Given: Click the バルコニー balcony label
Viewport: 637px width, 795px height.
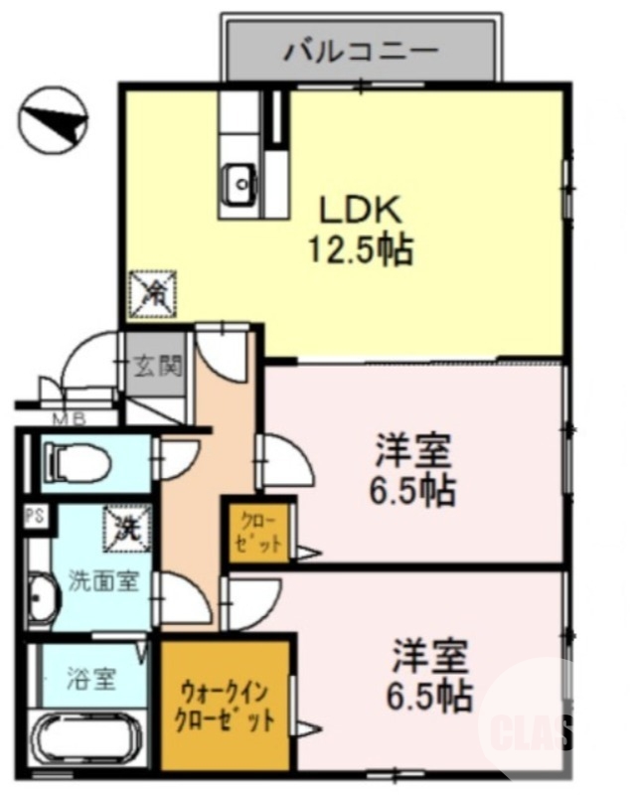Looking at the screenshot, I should [x=360, y=49].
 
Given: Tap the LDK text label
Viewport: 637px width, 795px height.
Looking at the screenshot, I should [x=359, y=210].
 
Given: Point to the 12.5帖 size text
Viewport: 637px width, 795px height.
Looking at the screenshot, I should [x=359, y=249].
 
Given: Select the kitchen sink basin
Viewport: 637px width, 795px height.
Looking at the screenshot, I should [x=239, y=182].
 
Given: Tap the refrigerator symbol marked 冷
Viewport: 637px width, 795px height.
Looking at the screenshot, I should [x=153, y=292].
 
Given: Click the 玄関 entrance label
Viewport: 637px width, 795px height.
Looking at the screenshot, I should [x=158, y=366].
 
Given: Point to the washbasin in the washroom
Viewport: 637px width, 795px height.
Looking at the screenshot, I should [x=43, y=599].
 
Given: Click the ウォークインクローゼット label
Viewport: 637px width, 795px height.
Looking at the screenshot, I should [x=225, y=705].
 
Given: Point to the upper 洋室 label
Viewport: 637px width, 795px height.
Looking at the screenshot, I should [x=413, y=453].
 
